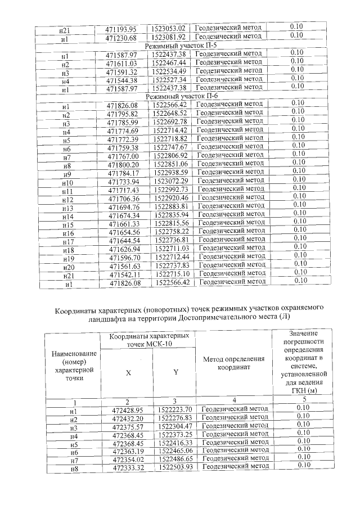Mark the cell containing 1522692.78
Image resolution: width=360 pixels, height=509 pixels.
click(x=173, y=121)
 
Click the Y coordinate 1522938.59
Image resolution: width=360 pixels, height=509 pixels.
click(x=173, y=172)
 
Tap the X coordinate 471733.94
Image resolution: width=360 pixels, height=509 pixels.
click(x=124, y=181)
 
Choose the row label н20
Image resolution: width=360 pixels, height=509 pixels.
click(x=69, y=266)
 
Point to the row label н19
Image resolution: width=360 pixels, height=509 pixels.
click(x=69, y=258)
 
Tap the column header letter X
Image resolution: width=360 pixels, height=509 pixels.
click(x=128, y=372)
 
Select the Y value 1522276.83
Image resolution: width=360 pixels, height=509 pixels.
click(x=175, y=418)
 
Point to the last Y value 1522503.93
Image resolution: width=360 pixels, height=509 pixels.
click(x=175, y=467)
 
